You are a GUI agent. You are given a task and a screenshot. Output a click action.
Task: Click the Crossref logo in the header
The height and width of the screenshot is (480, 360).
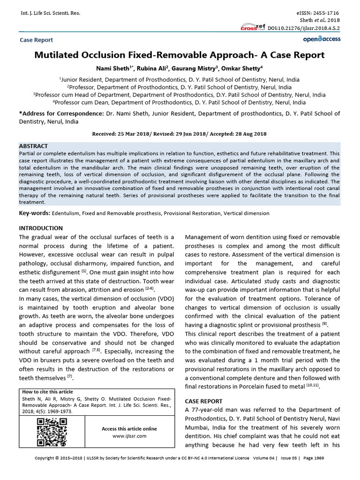coord(253,27)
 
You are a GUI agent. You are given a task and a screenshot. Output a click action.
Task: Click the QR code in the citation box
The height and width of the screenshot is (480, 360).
coord(52,432)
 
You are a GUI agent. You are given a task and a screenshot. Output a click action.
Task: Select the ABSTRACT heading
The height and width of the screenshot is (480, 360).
coord(33,146)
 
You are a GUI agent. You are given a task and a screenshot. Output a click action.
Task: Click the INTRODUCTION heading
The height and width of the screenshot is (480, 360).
coord(41,228)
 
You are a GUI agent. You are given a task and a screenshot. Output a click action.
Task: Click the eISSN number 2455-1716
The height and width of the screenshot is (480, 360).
coord(323,13)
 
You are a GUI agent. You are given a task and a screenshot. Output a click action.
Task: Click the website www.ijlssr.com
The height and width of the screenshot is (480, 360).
coord(129,436)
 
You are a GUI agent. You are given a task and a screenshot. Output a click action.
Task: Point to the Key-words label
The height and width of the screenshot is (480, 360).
coord(34,213)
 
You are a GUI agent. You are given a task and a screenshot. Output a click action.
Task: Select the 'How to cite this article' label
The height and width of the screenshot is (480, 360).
coord(48,392)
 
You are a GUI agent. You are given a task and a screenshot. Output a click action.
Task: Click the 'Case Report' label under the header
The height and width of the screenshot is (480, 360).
coord(36,40)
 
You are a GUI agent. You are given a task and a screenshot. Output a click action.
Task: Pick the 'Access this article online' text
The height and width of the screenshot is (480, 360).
coord(129,429)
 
